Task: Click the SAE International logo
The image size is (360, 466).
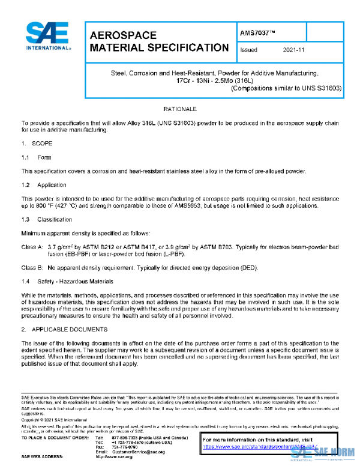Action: pyautogui.click(x=46, y=37)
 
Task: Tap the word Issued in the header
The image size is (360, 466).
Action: pyautogui.click(x=248, y=50)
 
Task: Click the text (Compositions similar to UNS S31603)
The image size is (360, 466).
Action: pyautogui.click(x=286, y=88)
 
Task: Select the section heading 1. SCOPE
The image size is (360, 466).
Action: pyautogui.click(x=35, y=144)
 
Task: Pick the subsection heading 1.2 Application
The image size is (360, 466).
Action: pyautogui.click(x=44, y=185)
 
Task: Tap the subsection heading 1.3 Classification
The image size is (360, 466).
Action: pyautogui.click(x=46, y=220)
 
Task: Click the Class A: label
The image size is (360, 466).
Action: pyautogui.click(x=32, y=247)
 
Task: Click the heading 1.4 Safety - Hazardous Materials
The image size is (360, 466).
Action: pyautogui.click(x=65, y=281)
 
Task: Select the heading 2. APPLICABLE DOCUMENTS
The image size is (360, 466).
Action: pyautogui.click(x=64, y=330)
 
